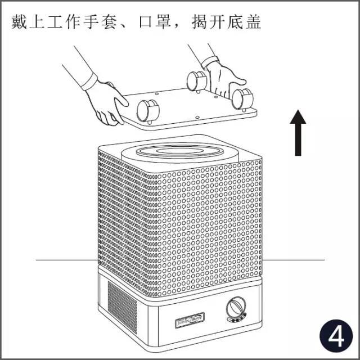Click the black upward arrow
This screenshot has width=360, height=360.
tap(298, 133)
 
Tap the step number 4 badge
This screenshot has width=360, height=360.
tap(336, 336)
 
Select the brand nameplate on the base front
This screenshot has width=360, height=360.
tap(190, 320)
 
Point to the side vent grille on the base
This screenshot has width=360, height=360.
tap(122, 307)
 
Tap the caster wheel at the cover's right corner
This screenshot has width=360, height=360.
tap(242, 99)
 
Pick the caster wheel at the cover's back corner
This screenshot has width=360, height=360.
tap(197, 81)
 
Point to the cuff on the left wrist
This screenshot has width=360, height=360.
tap(89, 81)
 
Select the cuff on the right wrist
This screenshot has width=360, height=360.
tap(210, 62)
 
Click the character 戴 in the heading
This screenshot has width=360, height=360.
tap(19, 22)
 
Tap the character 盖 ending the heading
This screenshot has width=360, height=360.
tap(253, 22)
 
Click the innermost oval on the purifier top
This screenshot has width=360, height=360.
tap(180, 151)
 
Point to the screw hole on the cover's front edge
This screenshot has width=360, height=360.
tap(197, 118)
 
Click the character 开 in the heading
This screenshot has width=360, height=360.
tap(218, 22)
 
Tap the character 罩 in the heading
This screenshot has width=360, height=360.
tap(163, 22)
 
